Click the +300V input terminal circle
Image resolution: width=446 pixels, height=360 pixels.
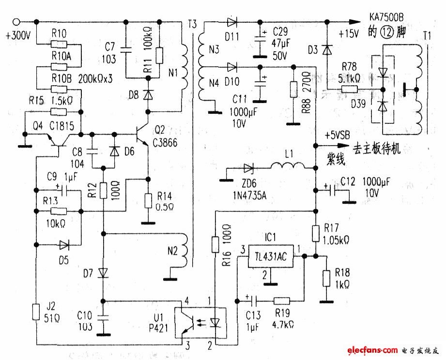[17, 21]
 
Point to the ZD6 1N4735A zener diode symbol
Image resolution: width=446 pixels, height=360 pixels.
[248, 168]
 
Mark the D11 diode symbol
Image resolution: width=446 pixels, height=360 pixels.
[231, 22]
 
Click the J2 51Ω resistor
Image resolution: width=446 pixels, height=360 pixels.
[36, 312]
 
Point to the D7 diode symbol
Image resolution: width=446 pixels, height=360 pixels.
[103, 273]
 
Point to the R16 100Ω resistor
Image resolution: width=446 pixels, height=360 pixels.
[216, 245]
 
